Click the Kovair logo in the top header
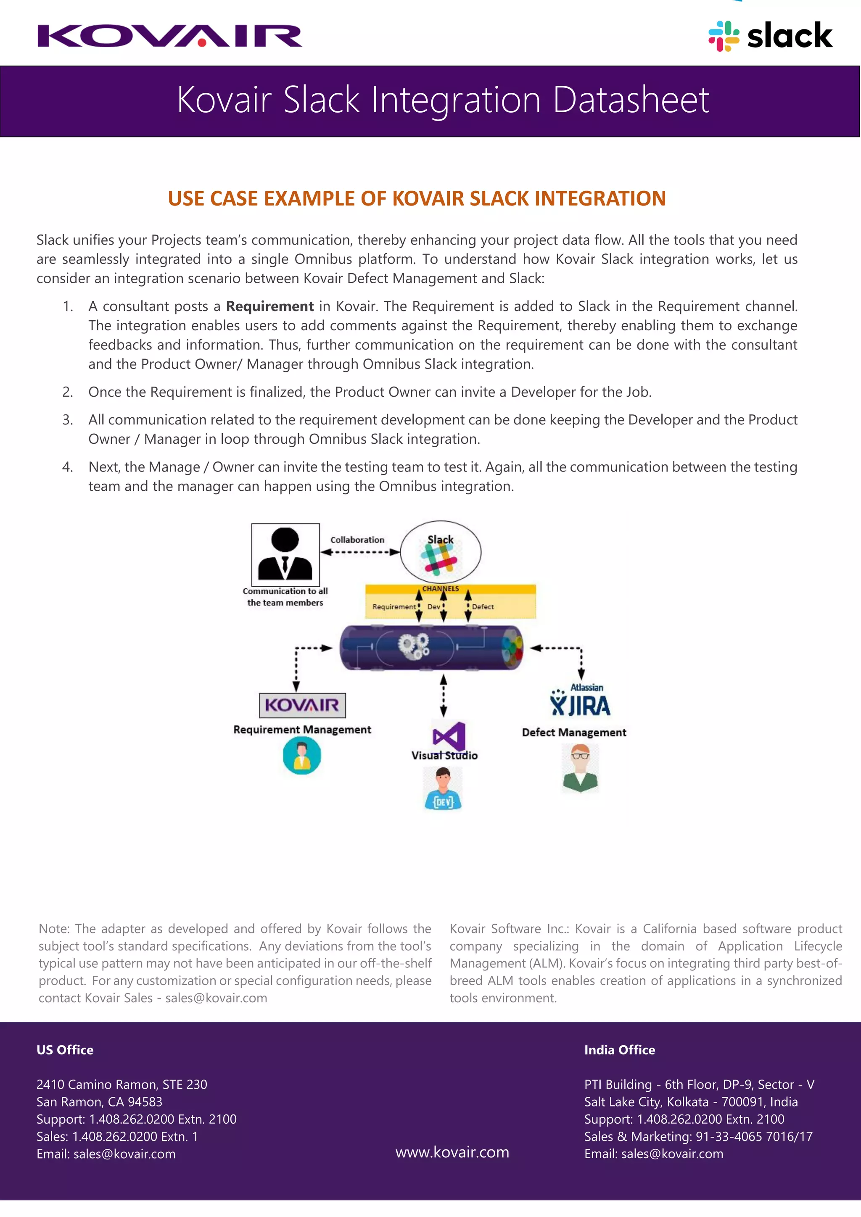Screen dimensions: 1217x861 tap(170, 36)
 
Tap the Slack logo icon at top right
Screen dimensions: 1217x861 tap(724, 36)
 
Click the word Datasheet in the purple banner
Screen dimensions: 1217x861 tap(631, 100)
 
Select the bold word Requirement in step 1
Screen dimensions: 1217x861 tap(269, 306)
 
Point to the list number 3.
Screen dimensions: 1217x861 tap(67, 420)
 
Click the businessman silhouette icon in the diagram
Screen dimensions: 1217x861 tap(285, 554)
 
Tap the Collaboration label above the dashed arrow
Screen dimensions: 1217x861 tap(357, 540)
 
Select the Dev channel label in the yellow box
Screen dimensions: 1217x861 tap(434, 607)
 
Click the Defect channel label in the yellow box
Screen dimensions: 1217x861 tap(483, 607)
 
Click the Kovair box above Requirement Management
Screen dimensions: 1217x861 tap(302, 705)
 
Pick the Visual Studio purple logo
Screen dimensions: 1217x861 tap(449, 736)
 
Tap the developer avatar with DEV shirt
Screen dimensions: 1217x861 tap(443, 789)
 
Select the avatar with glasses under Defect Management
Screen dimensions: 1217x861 tap(580, 768)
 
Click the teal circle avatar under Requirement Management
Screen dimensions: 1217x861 tap(302, 756)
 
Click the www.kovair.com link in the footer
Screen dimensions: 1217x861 tap(452, 1152)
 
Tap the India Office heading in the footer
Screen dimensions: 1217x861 tap(619, 1050)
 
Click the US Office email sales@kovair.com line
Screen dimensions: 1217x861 tap(106, 1154)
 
